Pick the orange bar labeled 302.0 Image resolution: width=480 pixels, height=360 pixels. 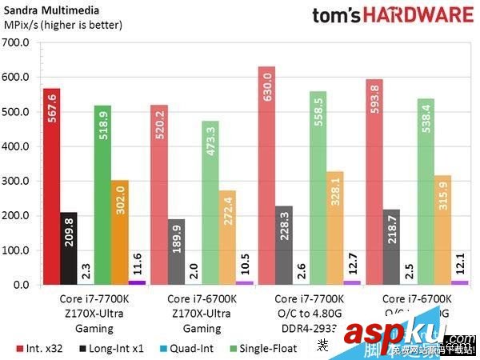119,232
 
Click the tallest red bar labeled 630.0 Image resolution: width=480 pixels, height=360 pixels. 267,175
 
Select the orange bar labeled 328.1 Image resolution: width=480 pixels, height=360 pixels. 334,228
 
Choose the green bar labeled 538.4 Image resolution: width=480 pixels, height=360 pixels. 426,191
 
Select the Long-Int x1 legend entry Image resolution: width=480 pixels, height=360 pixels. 111,348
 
